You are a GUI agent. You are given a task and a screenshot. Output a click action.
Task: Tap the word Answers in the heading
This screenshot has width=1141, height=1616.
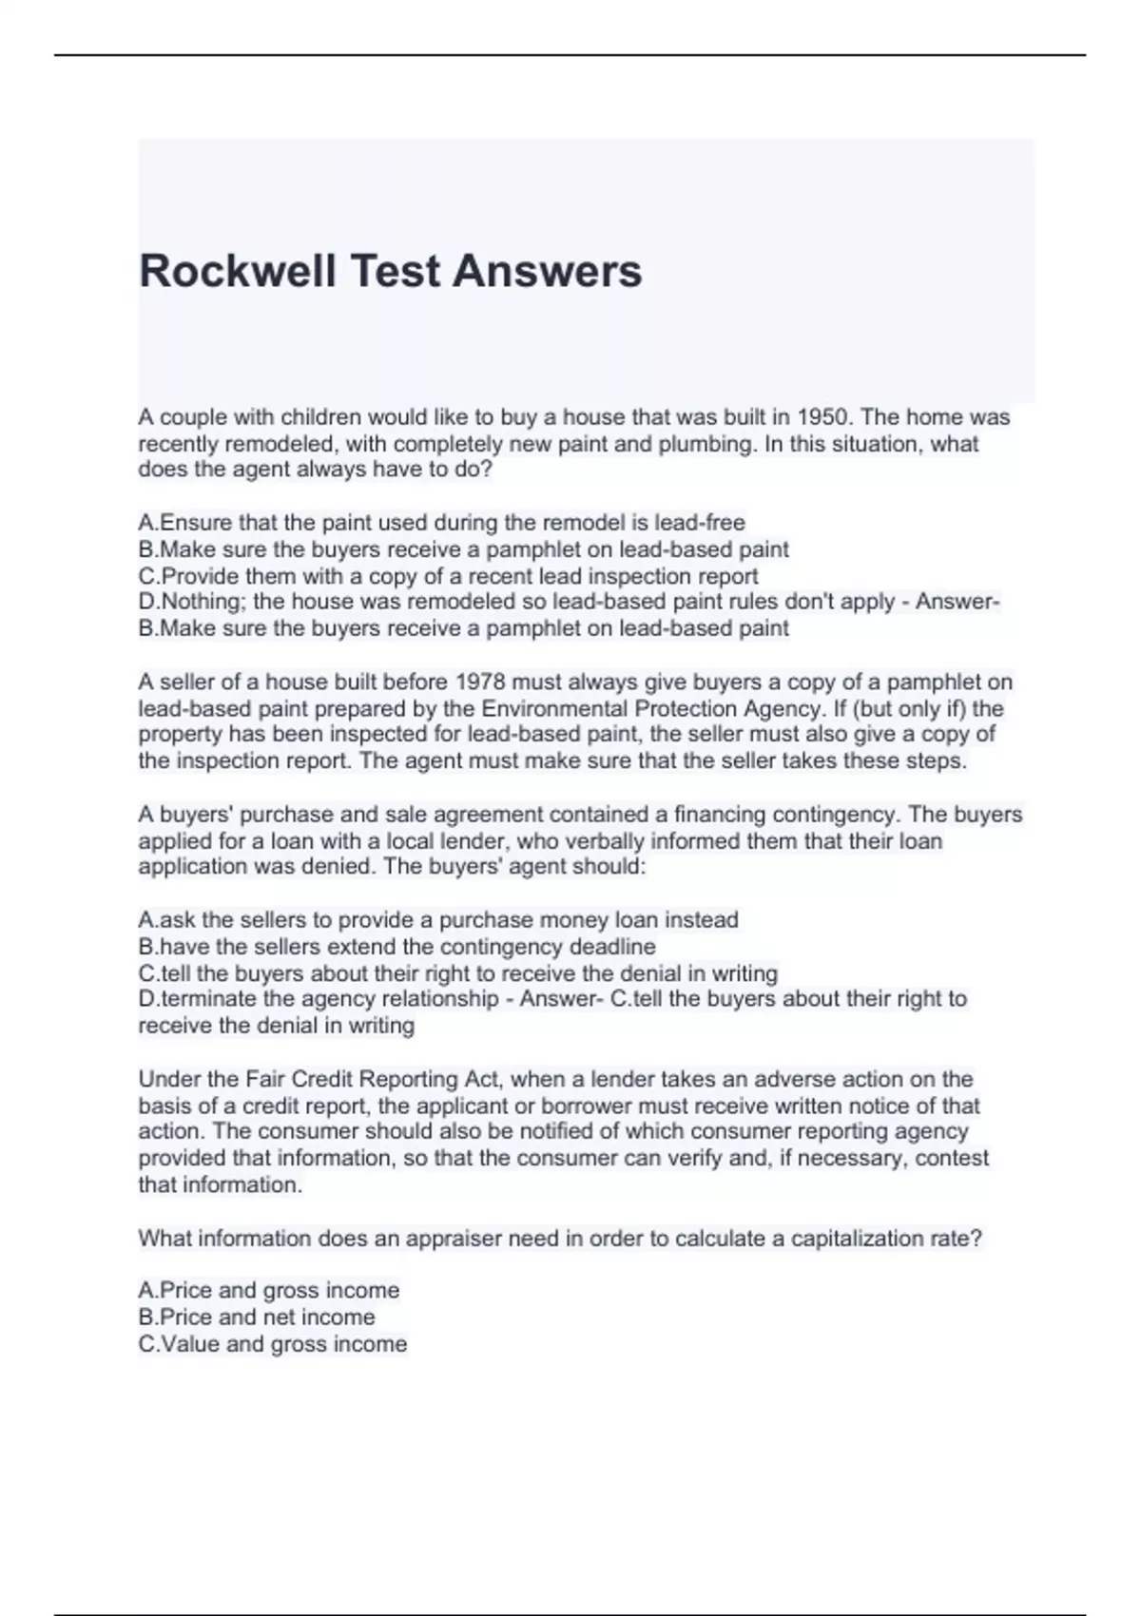click(548, 271)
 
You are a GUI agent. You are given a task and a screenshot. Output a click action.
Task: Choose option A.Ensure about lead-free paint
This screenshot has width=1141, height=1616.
click(441, 523)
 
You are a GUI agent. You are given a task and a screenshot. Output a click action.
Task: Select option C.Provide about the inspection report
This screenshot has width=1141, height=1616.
click(448, 576)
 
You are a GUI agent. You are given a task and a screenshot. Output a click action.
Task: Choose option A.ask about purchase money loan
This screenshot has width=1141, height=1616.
click(437, 920)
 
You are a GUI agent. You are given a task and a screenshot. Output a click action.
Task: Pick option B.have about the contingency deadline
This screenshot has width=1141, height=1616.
click(396, 947)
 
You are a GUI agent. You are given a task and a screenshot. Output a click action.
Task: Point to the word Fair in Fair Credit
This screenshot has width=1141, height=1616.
click(265, 1080)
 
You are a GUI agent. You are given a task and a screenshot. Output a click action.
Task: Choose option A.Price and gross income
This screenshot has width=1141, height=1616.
click(268, 1291)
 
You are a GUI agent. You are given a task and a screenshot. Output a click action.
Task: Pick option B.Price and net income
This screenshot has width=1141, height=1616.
click(257, 1318)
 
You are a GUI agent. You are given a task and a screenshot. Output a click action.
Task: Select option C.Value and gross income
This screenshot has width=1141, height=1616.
click(272, 1344)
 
